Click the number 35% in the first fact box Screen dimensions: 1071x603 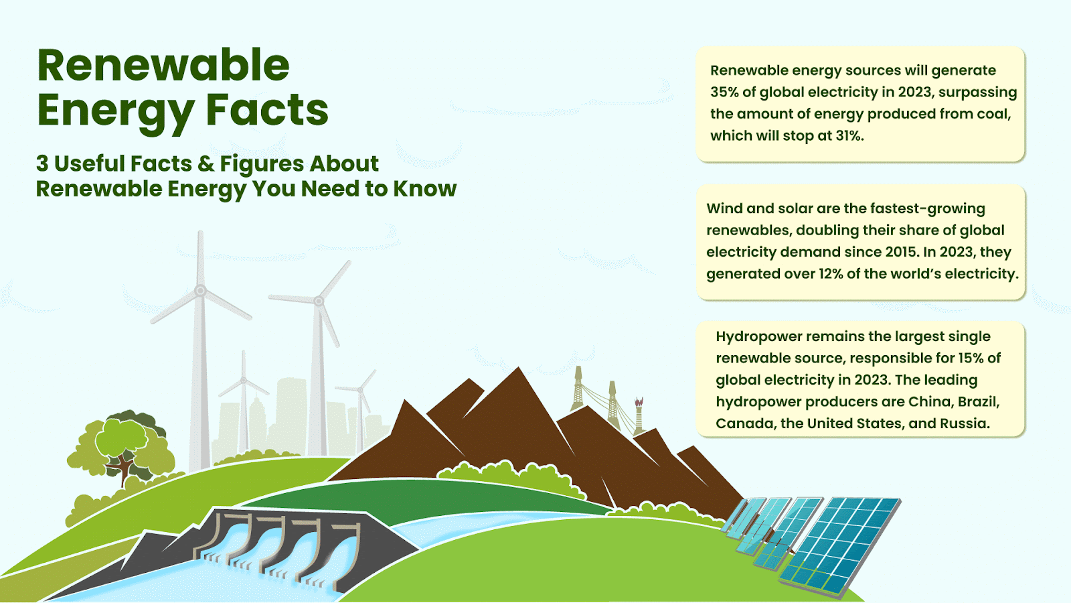pyautogui.click(x=724, y=92)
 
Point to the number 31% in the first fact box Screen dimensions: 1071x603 pyautogui.click(x=849, y=136)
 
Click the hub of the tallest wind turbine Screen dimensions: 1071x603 pyautogui.click(x=200, y=290)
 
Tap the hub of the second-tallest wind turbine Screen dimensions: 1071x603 pyautogui.click(x=319, y=301)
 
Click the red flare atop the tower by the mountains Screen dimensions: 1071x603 pyautogui.click(x=639, y=403)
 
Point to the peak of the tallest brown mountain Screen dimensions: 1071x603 pyautogui.click(x=518, y=368)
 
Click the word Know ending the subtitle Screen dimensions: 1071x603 pyautogui.click(x=424, y=188)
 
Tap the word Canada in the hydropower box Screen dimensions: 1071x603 pyautogui.click(x=744, y=423)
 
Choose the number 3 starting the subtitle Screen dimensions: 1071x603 pyautogui.click(x=42, y=163)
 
